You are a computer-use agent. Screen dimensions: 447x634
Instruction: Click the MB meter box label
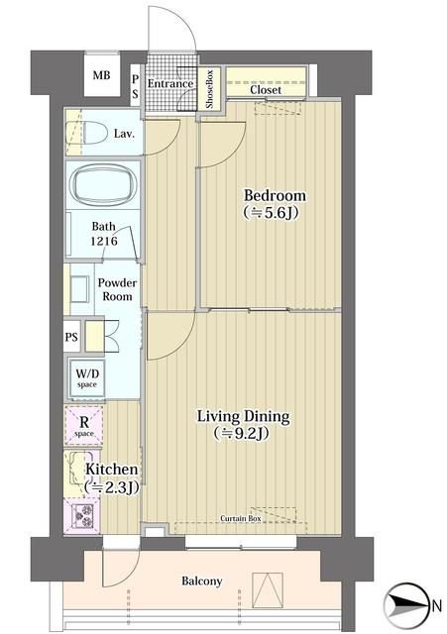101,75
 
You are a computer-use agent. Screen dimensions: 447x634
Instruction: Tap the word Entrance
169,83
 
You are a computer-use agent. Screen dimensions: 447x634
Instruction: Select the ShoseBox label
209,89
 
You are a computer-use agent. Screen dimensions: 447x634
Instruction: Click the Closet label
266,89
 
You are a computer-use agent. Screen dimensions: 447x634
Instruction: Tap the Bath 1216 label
103,234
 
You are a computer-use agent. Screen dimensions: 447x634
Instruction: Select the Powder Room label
117,289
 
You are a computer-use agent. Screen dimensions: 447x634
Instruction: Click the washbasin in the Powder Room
79,288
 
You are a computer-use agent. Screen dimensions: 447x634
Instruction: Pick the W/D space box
86,378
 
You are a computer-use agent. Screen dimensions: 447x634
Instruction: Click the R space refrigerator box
83,425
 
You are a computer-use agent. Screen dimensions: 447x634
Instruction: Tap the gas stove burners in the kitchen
82,515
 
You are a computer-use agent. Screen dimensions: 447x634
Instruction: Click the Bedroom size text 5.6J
271,212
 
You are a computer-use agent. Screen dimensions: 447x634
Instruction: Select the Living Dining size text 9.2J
242,433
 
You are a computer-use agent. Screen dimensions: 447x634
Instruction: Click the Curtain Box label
240,518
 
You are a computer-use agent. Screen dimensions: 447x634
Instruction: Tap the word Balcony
201,581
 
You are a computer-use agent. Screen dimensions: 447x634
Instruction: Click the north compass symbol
406,605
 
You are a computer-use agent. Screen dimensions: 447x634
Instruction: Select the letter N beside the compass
436,606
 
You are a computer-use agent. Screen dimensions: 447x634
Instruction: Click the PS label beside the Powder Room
71,337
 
